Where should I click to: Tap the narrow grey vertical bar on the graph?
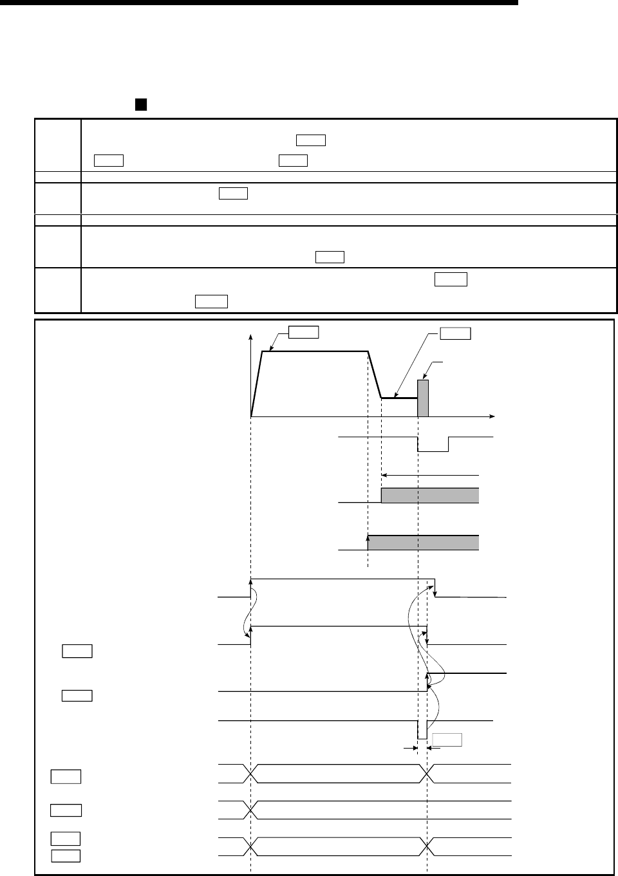coord(423,398)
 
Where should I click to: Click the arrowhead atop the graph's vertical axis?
coord(250,337)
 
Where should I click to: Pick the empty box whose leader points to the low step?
coord(455,333)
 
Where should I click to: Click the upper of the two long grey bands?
coord(430,495)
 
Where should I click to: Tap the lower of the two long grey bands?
coord(423,543)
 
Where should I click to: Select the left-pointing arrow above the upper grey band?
coord(385,475)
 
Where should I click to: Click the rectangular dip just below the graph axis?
coord(433,444)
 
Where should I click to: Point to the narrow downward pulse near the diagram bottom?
coord(422,730)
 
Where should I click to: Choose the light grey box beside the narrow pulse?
coord(447,739)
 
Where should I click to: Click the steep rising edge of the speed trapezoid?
coord(256,384)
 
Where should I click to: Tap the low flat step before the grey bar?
coord(399,398)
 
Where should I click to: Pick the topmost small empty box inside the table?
coord(311,140)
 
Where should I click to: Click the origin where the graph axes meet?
coord(250,416)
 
